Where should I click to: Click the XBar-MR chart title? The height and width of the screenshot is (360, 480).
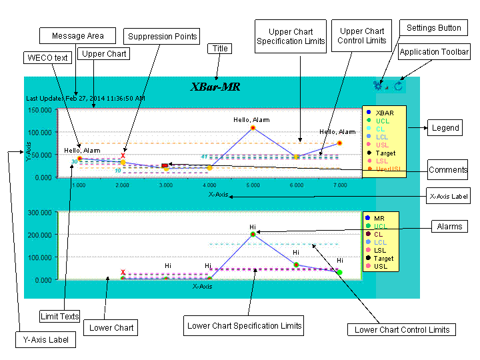tap(215, 87)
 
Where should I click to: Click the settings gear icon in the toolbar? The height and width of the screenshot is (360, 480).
tap(378, 86)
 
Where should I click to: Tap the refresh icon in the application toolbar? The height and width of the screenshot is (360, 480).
tap(399, 86)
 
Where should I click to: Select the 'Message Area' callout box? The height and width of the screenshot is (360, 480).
tap(77, 36)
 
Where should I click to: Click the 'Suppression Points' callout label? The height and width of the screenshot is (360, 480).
tap(163, 37)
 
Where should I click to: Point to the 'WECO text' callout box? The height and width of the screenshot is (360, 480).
tap(47, 58)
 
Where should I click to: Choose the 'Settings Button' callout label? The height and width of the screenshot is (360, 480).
tap(434, 28)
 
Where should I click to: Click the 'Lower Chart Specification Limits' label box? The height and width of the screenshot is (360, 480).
tap(245, 326)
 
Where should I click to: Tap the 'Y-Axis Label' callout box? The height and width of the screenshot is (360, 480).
tap(43, 340)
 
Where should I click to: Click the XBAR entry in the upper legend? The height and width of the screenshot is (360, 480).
tap(384, 113)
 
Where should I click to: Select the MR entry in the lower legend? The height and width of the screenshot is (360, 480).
tap(379, 219)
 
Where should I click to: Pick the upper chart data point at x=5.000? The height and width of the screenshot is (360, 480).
tap(253, 127)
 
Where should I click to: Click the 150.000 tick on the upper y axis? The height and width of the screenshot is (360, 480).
tap(40, 111)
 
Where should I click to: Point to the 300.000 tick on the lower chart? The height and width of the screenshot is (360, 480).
tap(40, 213)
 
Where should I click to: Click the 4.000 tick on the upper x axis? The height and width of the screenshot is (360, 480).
tap(209, 185)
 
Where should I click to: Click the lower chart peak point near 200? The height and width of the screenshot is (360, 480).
tap(253, 234)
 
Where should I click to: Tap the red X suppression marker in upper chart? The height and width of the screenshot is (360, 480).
tap(123, 155)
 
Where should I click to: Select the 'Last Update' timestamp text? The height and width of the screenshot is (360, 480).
tap(85, 98)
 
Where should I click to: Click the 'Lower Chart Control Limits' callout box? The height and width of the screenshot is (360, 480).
tap(402, 329)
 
